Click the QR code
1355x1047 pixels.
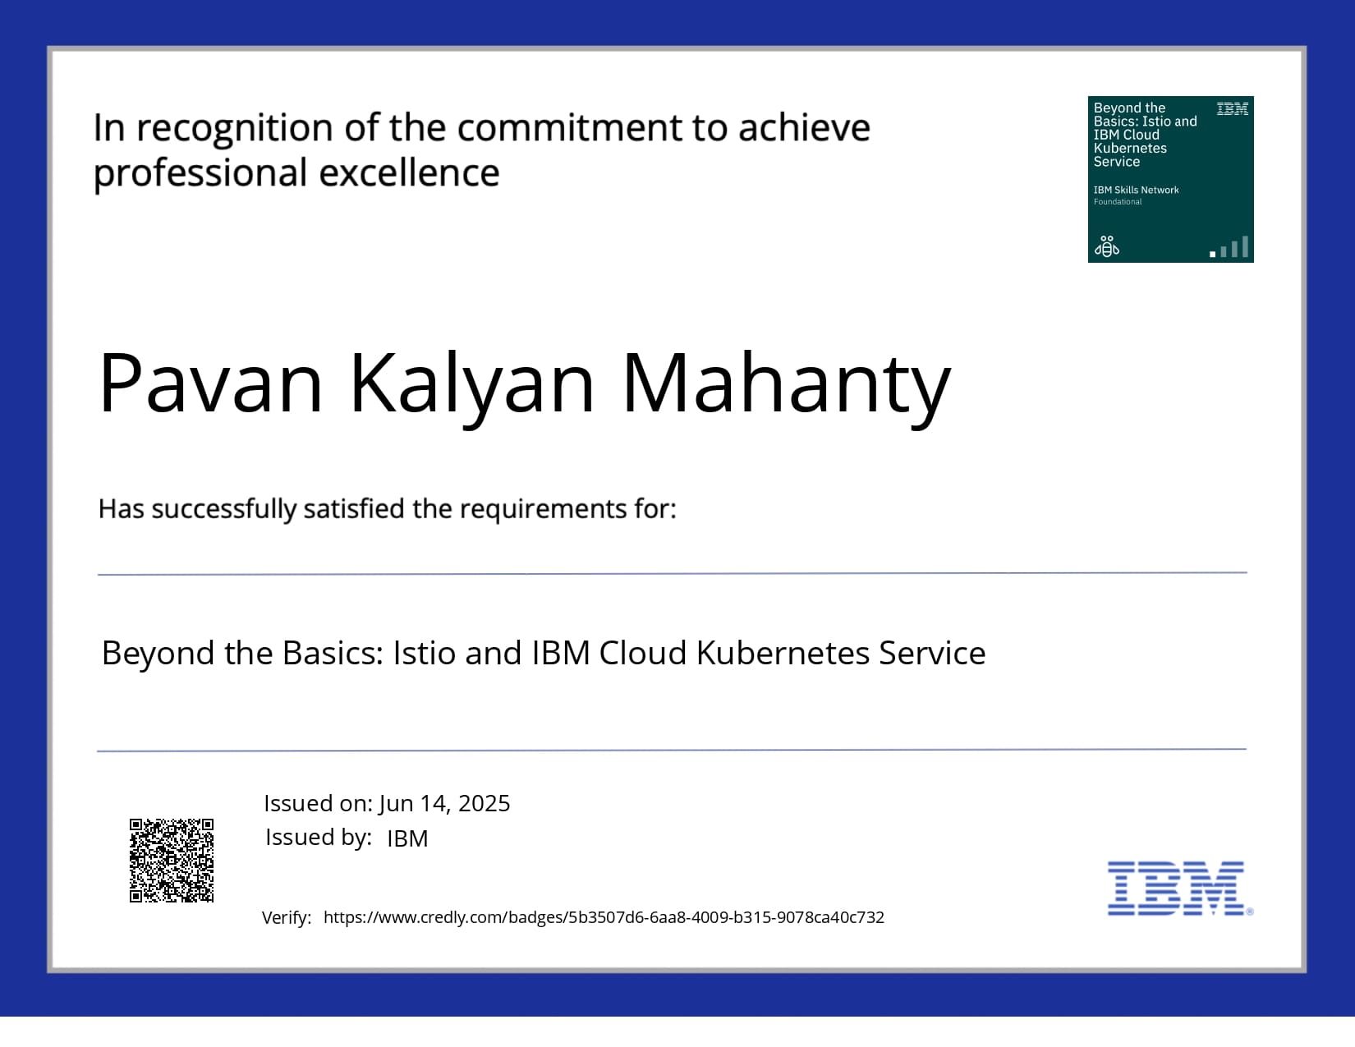pos(172,861)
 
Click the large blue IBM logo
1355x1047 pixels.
pos(1180,889)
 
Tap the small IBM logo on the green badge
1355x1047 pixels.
pos(1232,109)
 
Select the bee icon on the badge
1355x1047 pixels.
pos(1107,246)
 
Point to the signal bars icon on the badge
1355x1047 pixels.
pos(1229,247)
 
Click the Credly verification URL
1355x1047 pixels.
pos(604,917)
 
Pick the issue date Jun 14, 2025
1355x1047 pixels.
pos(444,804)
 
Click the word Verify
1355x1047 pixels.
pos(287,918)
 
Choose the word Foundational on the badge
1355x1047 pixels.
pos(1118,202)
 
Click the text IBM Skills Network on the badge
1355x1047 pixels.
pos(1136,190)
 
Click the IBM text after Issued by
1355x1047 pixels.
pos(407,839)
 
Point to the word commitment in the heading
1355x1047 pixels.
pos(569,128)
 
